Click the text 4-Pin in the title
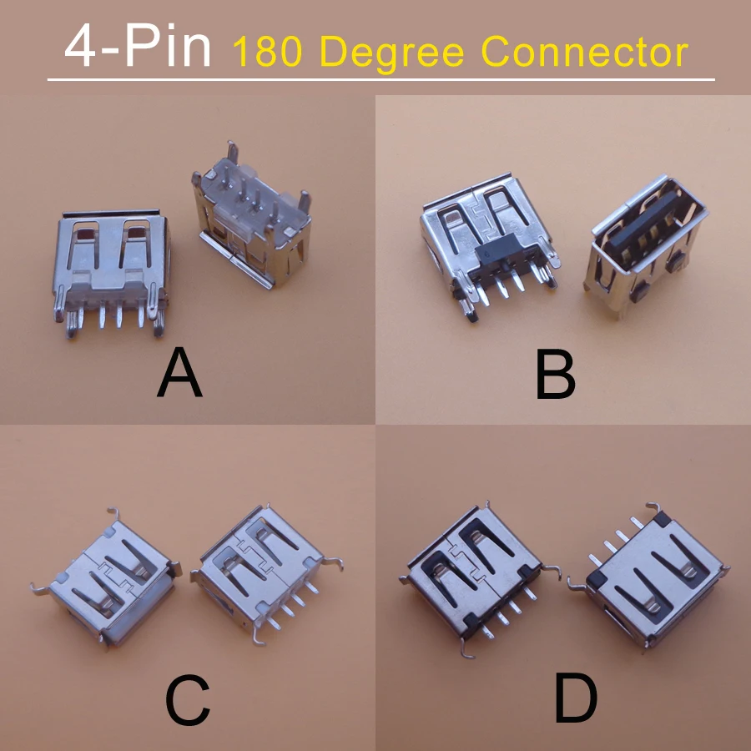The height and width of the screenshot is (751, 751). coord(138,48)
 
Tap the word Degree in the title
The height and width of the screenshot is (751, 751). coord(392,52)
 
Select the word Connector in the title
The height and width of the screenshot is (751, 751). coord(584,52)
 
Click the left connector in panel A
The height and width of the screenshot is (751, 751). coord(113,267)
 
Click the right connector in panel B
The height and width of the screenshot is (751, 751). coord(651,242)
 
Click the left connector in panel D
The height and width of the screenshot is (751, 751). coord(476,576)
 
